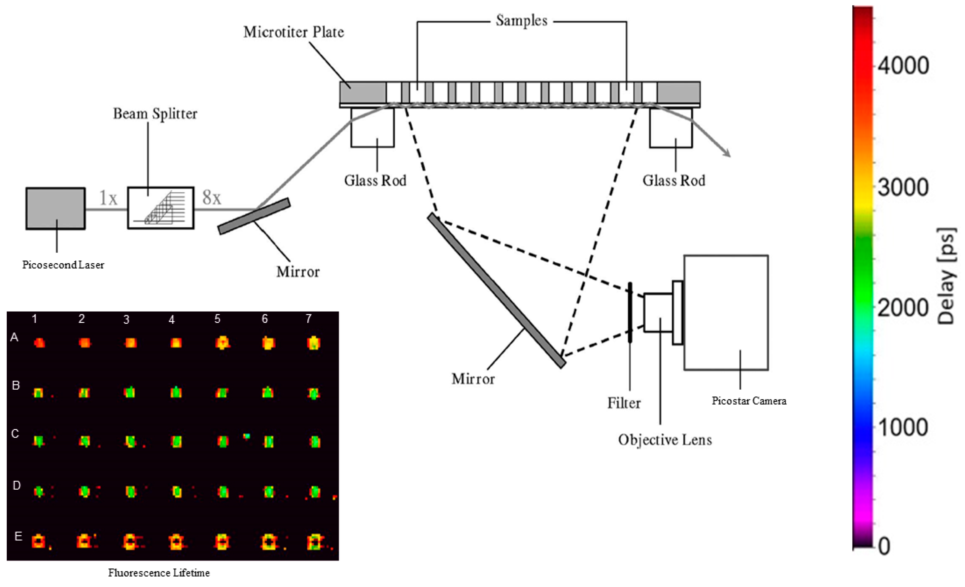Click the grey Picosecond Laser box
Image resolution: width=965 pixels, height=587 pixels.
point(55,208)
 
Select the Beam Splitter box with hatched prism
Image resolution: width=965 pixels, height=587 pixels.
point(161,208)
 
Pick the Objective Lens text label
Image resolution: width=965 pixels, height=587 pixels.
point(665,440)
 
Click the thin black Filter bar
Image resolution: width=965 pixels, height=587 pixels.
point(630,312)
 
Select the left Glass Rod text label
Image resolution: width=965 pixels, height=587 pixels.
point(375,181)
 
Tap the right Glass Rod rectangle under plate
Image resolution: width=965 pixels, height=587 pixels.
point(670,127)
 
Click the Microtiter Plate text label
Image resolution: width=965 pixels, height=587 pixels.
point(294,32)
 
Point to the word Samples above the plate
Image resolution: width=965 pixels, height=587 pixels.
point(521,21)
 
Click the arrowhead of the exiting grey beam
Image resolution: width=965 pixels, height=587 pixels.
point(727,154)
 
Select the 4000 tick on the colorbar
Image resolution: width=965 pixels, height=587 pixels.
point(903,66)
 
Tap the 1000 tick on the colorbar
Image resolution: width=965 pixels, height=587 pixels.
point(903,426)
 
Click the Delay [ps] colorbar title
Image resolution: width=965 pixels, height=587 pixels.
point(946,276)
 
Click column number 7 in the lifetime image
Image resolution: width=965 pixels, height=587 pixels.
point(309,319)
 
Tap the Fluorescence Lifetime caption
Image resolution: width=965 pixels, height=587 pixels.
point(159,573)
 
